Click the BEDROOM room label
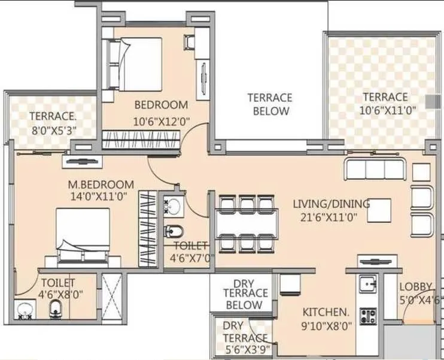coord(161,104)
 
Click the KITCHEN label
coord(326,312)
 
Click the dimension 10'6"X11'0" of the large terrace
coord(388,110)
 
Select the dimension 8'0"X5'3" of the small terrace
coord(53,130)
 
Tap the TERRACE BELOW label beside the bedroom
coord(270,104)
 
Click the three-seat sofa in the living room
coord(375,169)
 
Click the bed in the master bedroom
coord(84,236)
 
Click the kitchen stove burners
coord(367,316)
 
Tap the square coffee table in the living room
coord(379,210)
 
